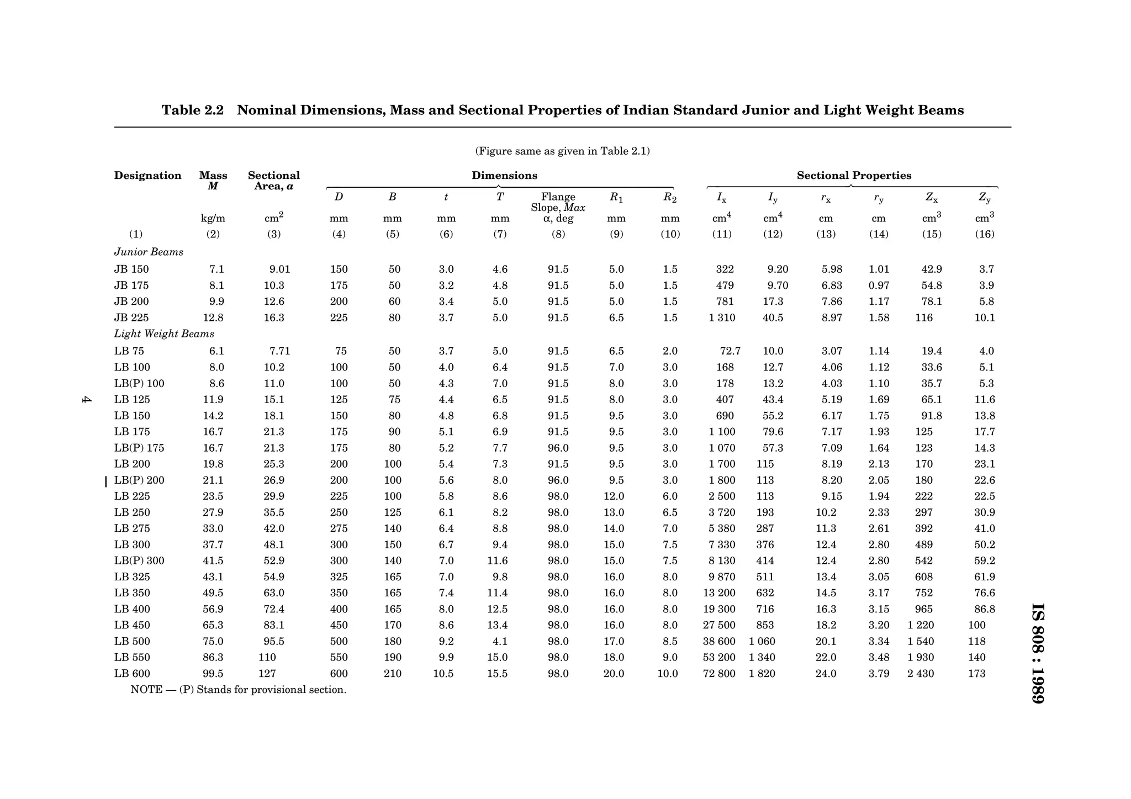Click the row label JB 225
tap(131, 318)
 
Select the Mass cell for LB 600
tap(213, 674)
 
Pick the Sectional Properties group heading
tap(854, 176)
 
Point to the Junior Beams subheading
tap(149, 252)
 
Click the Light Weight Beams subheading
tap(164, 334)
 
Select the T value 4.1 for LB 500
tap(500, 642)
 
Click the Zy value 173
tap(976, 674)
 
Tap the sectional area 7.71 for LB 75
tap(279, 351)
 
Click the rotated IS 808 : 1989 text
tap(1038, 653)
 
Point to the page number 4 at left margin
tap(86, 400)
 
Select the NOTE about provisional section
tap(238, 690)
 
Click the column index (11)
tap(722, 234)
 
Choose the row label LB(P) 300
tap(139, 560)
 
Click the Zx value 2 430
tap(921, 674)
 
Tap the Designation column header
tap(147, 176)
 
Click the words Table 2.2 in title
tap(192, 110)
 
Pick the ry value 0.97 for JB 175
tap(879, 285)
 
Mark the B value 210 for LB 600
tap(393, 674)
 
